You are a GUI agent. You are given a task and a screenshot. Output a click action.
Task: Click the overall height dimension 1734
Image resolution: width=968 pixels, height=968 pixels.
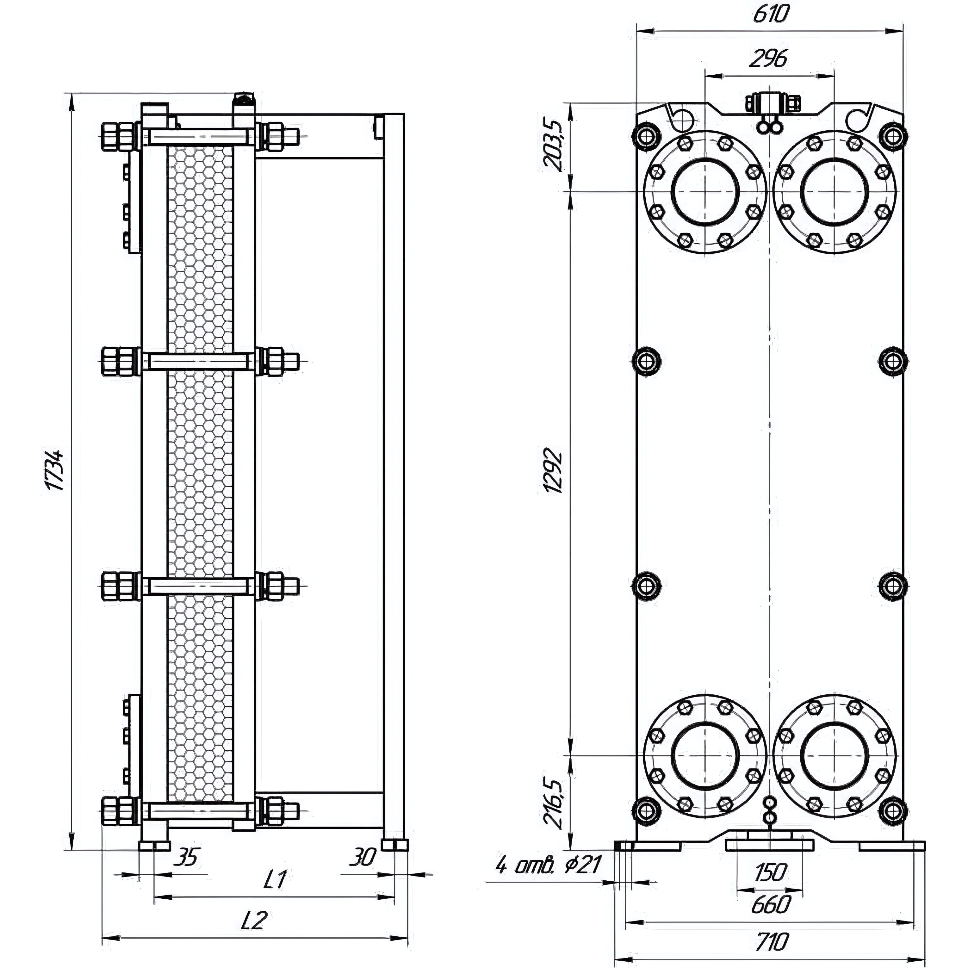(53, 471)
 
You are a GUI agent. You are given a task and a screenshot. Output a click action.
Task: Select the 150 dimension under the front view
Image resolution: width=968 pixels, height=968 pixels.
(770, 872)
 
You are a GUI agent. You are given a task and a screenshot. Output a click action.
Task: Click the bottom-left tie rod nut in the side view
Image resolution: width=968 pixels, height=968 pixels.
(118, 811)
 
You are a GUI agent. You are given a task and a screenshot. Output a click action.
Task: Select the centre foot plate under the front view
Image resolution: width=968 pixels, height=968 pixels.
(770, 846)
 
